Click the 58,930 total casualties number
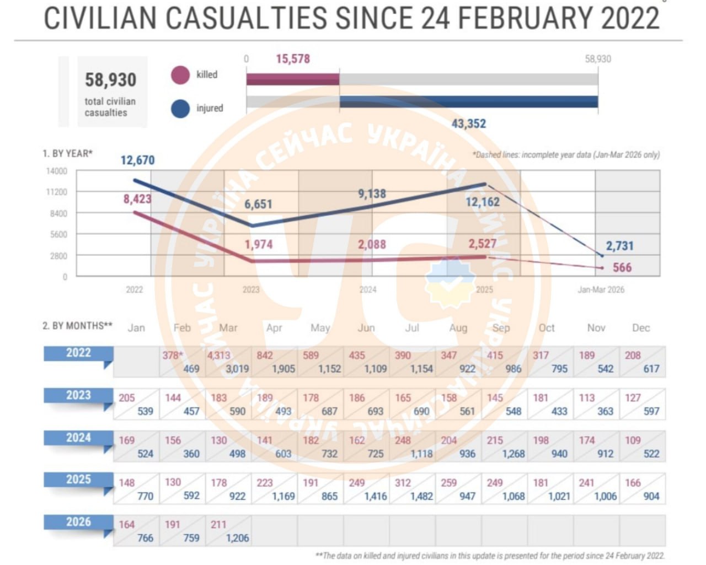coord(110,80)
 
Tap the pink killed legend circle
coord(180,75)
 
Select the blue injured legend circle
coord(180,108)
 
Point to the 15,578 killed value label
coord(293,59)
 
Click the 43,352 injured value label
coord(469,123)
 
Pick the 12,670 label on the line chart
coord(138,160)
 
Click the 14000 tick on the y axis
coord(57,171)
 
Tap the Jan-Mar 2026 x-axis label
coord(601,289)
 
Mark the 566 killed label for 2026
coord(622,267)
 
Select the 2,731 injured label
coord(620,246)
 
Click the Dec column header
coord(641,328)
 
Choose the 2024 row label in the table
coord(78,438)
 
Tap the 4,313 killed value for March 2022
coord(219,356)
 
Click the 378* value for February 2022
coord(173,356)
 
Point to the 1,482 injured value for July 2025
coord(421,496)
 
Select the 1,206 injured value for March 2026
coord(237,538)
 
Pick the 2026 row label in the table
coord(78,522)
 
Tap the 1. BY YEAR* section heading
coord(68,153)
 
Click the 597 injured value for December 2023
coord(651,411)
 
